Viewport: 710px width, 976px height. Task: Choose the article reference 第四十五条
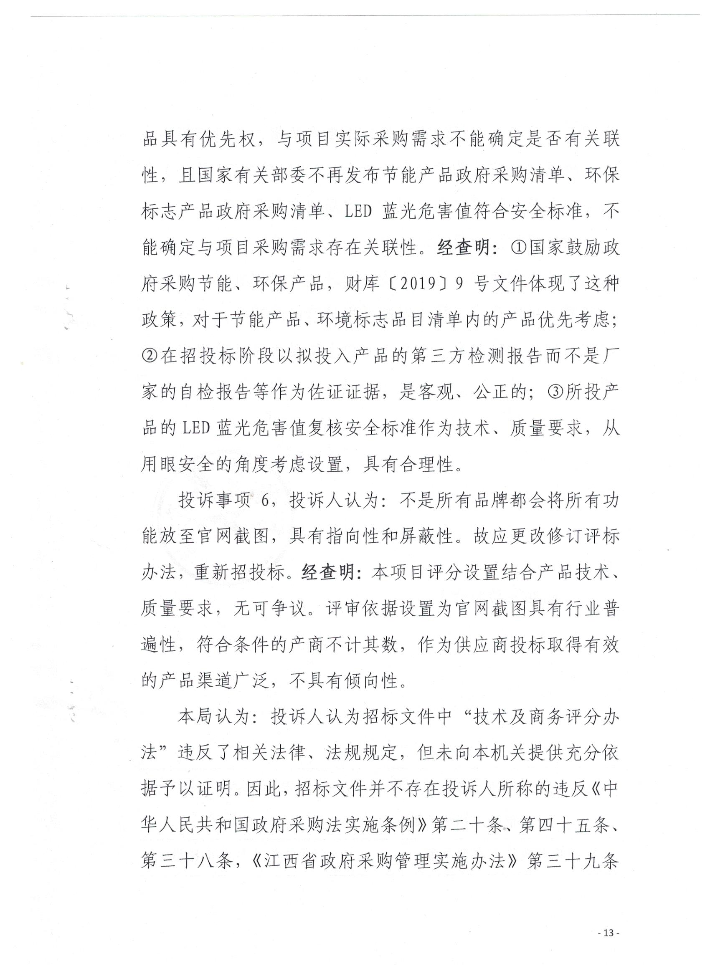559,826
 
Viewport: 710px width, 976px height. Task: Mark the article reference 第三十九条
573,862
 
